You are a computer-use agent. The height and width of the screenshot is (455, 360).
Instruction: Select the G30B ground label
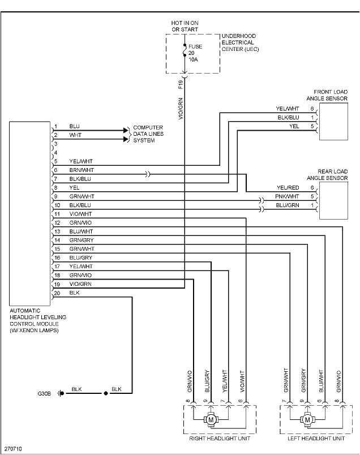point(44,393)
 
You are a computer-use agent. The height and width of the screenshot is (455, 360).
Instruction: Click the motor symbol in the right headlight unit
point(212,420)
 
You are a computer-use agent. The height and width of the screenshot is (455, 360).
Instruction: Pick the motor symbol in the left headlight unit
point(308,420)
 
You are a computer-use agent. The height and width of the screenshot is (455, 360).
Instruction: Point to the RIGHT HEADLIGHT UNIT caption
point(219,439)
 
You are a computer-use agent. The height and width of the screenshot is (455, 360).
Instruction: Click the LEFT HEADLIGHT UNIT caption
point(315,439)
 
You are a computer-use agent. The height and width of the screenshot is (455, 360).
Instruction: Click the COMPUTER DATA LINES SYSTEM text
point(148,134)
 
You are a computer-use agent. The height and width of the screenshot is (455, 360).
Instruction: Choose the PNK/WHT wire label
point(288,196)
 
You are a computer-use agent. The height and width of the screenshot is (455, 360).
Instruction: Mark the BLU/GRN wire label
point(288,205)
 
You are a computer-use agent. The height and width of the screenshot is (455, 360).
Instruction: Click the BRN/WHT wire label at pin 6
point(82,170)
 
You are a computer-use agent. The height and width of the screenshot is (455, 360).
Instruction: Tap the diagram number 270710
point(12,449)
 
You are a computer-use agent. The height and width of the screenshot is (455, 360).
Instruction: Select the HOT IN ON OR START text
point(185,26)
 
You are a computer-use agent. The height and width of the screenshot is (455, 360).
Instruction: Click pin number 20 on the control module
point(57,293)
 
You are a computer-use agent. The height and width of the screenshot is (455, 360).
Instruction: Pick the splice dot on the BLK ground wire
point(105,393)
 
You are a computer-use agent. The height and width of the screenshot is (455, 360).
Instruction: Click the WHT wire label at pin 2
point(75,135)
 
